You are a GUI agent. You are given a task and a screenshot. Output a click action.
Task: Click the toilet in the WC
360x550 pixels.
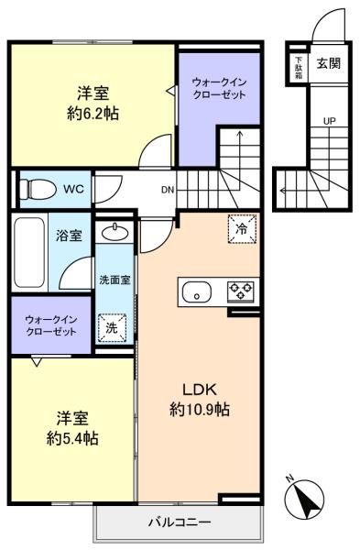pos(38,190)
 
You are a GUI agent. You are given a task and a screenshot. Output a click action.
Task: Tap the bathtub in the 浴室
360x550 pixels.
pos(29,253)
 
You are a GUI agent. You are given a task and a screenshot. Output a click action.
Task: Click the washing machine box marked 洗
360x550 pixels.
pos(112,328)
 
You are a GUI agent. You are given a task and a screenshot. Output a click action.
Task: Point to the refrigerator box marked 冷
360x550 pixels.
pos(242,228)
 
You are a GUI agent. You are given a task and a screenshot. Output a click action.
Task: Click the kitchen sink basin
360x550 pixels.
pos(197,292)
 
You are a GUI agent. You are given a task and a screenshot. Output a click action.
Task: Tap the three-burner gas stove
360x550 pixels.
pos(241,291)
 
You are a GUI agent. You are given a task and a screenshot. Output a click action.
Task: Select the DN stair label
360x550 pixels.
pos(168,190)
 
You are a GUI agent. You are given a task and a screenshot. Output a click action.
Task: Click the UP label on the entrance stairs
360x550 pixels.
pos(329,121)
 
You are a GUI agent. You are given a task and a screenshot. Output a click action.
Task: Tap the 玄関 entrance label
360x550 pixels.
pos(329,63)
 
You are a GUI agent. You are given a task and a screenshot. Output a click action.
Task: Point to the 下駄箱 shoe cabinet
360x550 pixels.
pos(299,67)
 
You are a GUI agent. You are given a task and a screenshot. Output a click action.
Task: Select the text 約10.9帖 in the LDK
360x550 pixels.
pos(200,410)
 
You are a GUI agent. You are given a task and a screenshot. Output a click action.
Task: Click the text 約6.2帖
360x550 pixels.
pos(93,114)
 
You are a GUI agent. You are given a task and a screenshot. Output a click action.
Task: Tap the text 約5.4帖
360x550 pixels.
pos(72,438)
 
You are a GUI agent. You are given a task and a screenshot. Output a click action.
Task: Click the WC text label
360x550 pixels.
pos(73,190)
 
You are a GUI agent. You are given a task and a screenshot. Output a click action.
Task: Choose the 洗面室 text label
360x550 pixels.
pos(115,280)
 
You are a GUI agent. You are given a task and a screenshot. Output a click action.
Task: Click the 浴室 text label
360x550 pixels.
pos(69,236)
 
